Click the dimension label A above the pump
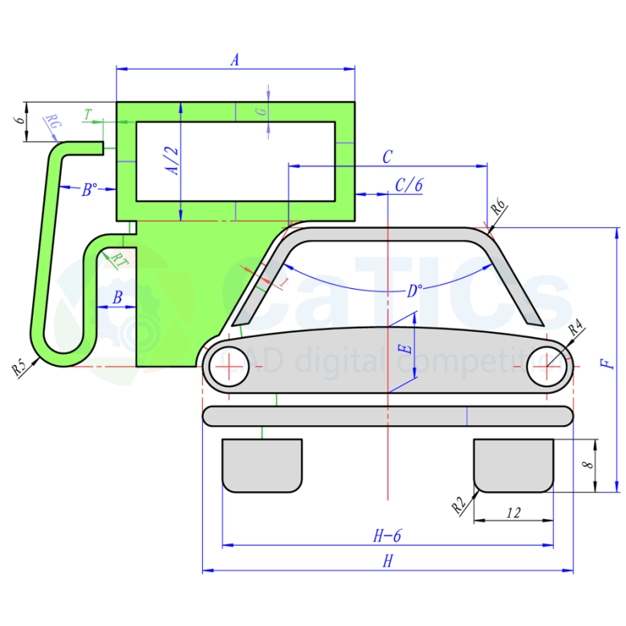click(x=235, y=59)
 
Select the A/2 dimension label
click(x=171, y=161)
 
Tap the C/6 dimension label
click(x=409, y=184)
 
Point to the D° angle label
click(x=414, y=291)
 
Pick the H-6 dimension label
click(x=387, y=536)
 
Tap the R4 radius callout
click(x=575, y=329)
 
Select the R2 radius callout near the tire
click(x=458, y=505)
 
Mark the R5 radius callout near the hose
click(x=20, y=368)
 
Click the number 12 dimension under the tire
click(x=514, y=512)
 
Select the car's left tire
click(x=262, y=465)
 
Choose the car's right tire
click(x=514, y=465)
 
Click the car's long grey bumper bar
click(x=388, y=416)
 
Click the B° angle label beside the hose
click(x=90, y=190)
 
